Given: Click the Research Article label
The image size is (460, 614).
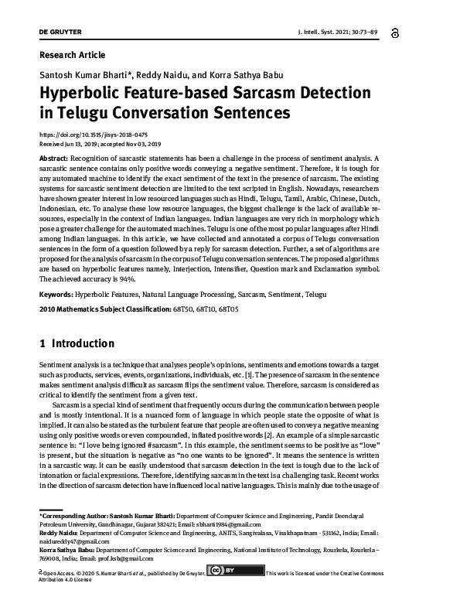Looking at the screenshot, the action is coord(72,55).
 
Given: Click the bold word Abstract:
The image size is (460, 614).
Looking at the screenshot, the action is coord(57,158).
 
